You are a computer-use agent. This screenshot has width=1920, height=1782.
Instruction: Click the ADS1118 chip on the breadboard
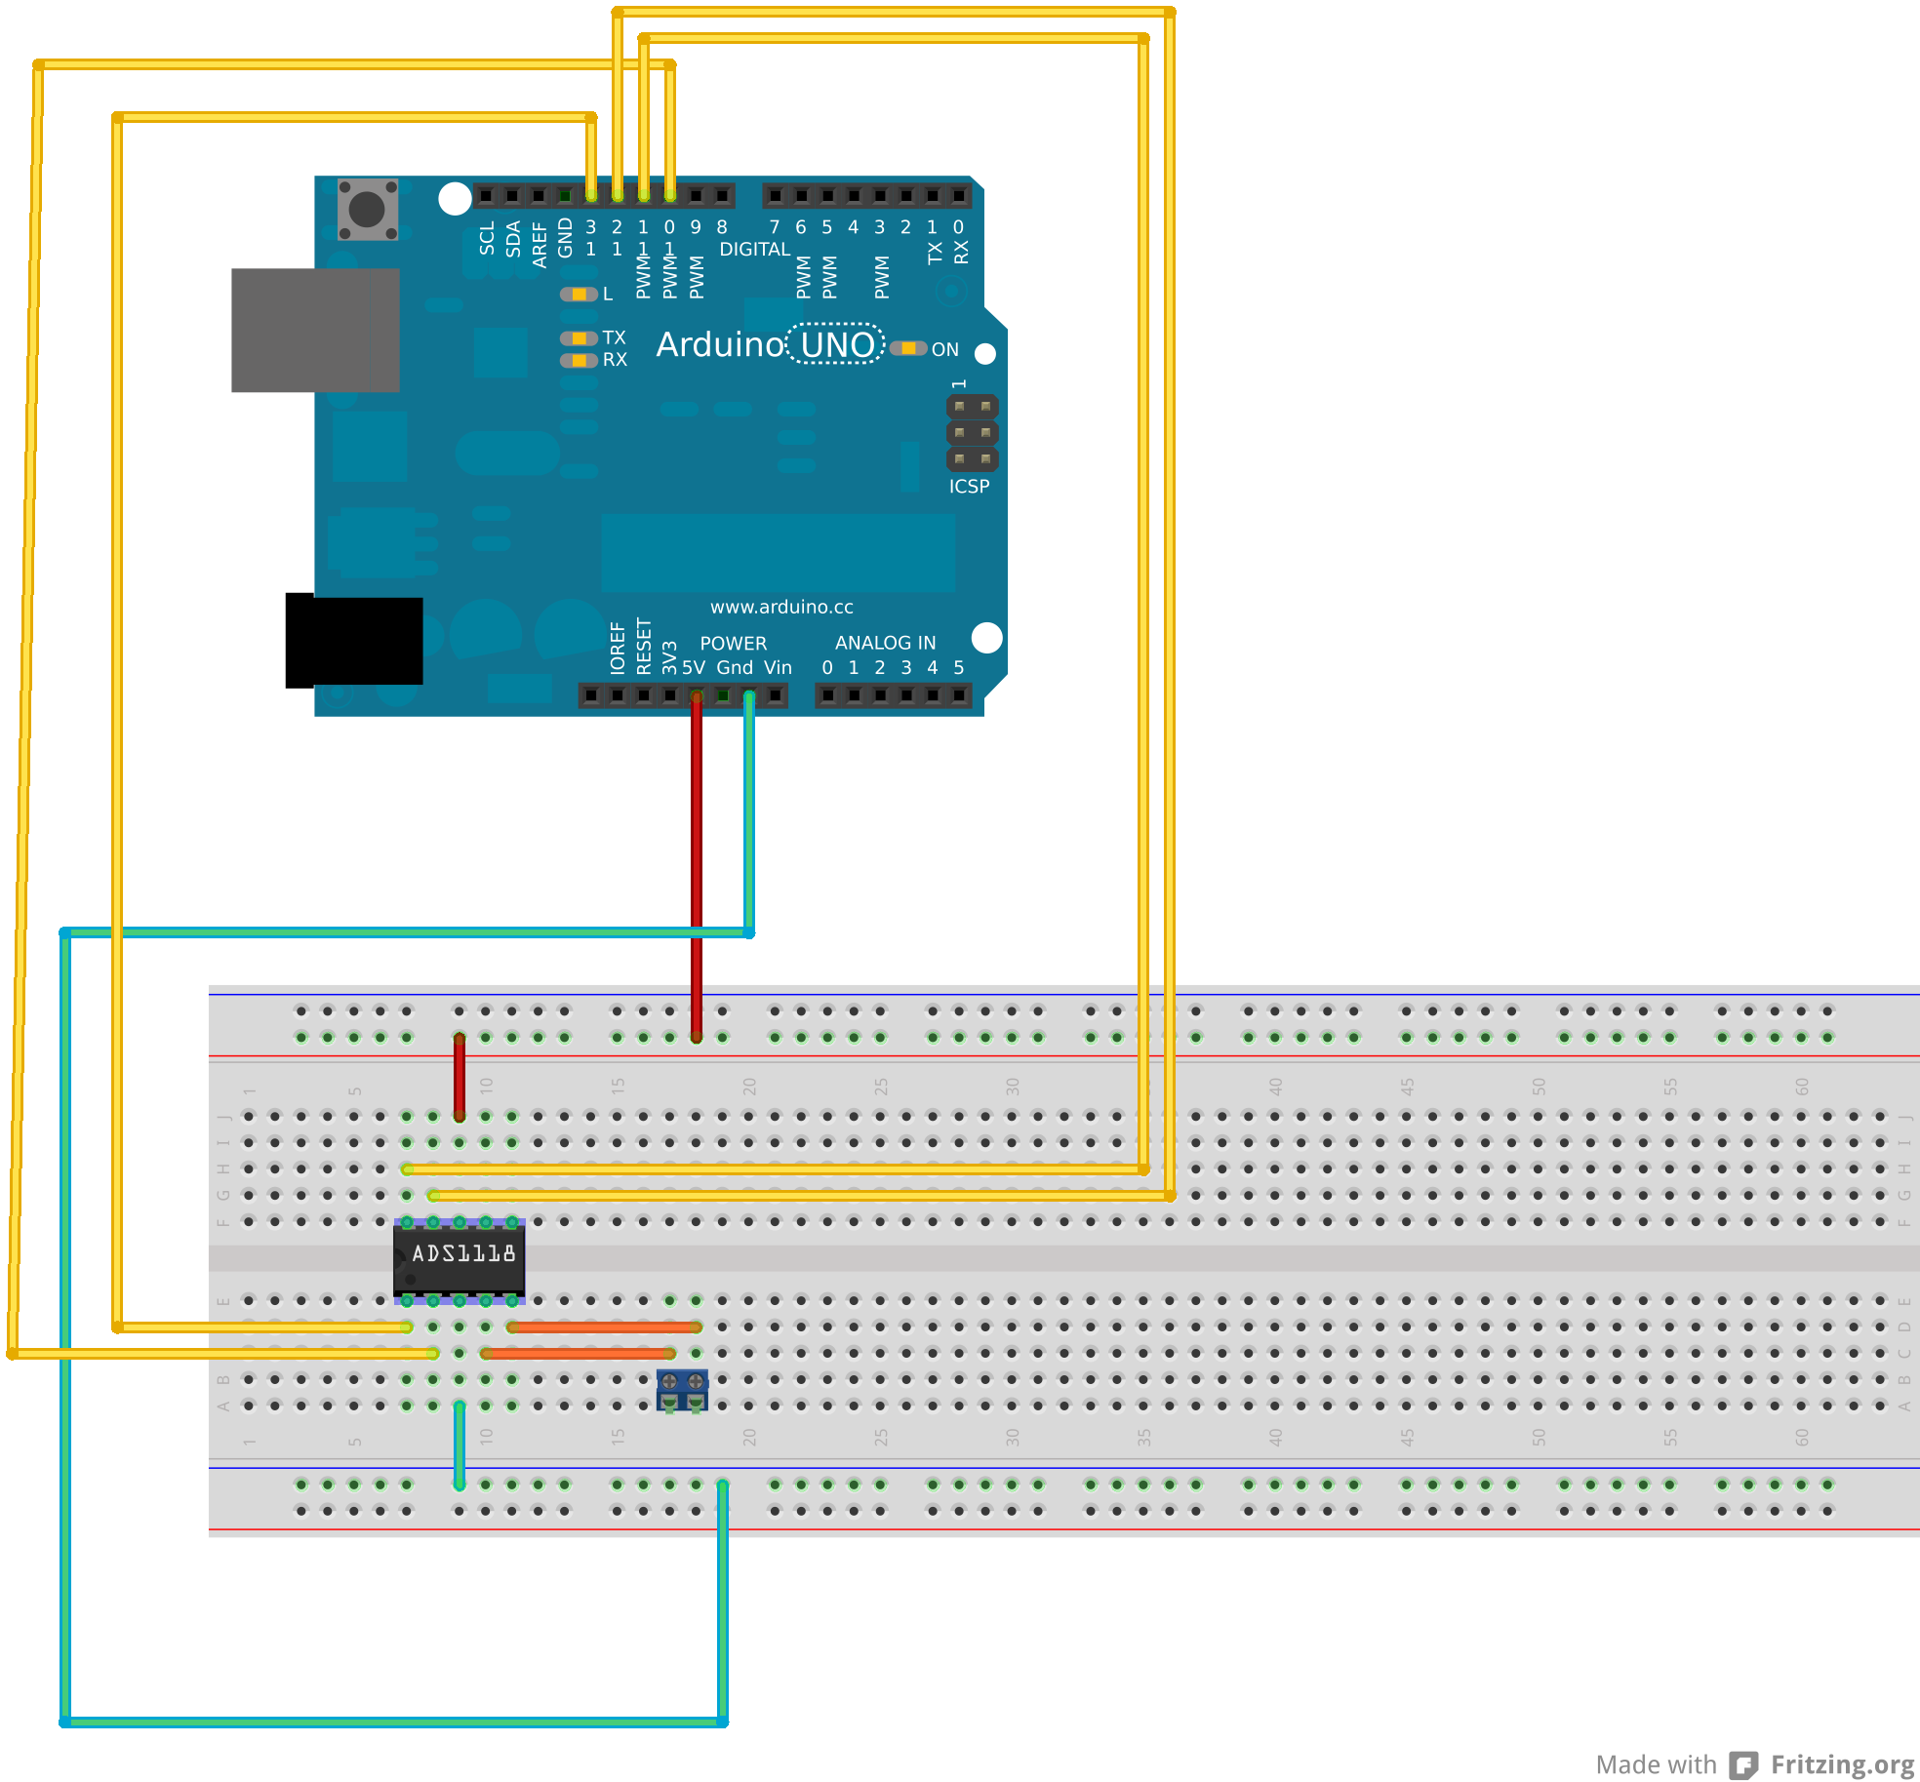460,1259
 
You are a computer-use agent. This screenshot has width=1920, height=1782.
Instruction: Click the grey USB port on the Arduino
315,330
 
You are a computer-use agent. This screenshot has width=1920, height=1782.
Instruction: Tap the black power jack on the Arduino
354,640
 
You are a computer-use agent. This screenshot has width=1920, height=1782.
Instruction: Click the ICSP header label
969,486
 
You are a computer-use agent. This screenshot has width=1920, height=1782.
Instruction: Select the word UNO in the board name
837,344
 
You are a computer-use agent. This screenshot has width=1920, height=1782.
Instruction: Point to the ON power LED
908,348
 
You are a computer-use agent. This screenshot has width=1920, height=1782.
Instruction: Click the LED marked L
579,294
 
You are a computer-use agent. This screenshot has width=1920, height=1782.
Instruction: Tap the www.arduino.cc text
781,607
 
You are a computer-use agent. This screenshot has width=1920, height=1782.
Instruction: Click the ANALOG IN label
885,643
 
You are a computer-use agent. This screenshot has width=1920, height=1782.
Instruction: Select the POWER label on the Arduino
733,644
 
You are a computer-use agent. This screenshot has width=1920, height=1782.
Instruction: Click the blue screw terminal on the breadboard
682,1389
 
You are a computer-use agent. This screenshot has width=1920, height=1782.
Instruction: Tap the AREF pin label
540,244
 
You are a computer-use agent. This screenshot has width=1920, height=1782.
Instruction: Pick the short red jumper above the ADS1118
460,1077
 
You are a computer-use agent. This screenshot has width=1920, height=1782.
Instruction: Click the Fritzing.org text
1842,1764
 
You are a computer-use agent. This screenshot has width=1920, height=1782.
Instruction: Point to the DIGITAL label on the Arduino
754,250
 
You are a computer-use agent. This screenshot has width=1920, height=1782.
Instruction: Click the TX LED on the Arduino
579,337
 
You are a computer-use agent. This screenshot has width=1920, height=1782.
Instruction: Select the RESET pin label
644,646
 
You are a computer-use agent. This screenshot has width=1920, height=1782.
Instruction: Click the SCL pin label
487,238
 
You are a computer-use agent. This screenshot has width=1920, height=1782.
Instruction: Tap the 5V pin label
694,668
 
